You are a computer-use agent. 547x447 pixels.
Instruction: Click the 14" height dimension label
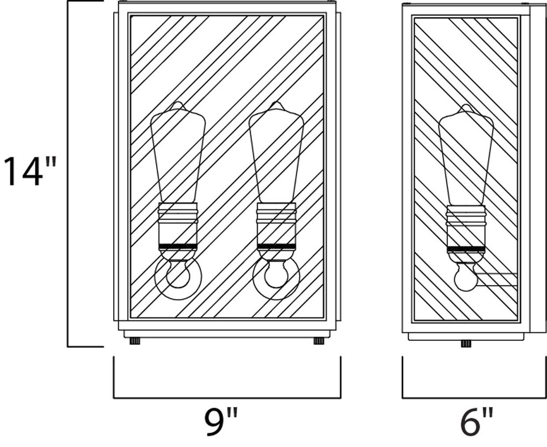(x=30, y=171)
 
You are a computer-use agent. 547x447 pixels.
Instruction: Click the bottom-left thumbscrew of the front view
(x=135, y=341)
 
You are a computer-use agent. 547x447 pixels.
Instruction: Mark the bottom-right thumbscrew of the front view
(x=319, y=341)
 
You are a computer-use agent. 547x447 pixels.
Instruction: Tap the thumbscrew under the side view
(x=466, y=344)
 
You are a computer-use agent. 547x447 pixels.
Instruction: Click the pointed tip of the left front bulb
(x=178, y=102)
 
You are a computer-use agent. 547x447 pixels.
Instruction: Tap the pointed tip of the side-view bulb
(x=466, y=105)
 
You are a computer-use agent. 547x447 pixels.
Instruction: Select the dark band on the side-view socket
(x=466, y=249)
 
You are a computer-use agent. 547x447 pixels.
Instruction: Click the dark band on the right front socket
(x=276, y=246)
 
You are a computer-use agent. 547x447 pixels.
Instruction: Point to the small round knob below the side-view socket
(x=466, y=277)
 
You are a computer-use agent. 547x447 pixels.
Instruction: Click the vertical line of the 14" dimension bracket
(x=68, y=174)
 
